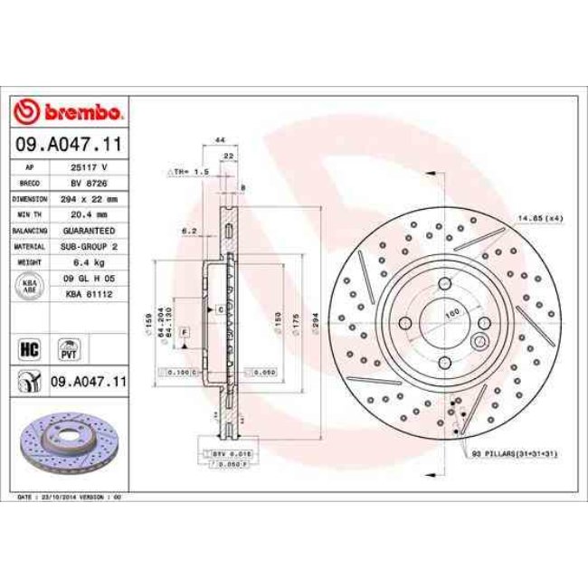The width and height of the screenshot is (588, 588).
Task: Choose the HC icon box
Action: point(27,346)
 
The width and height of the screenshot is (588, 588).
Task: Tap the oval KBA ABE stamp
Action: point(29,285)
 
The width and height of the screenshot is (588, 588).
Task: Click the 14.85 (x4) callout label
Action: point(540,217)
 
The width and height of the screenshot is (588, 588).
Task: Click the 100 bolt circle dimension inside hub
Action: point(451,314)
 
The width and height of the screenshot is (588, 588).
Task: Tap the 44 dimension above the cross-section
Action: point(219,139)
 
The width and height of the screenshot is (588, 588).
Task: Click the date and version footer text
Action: point(70,498)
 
